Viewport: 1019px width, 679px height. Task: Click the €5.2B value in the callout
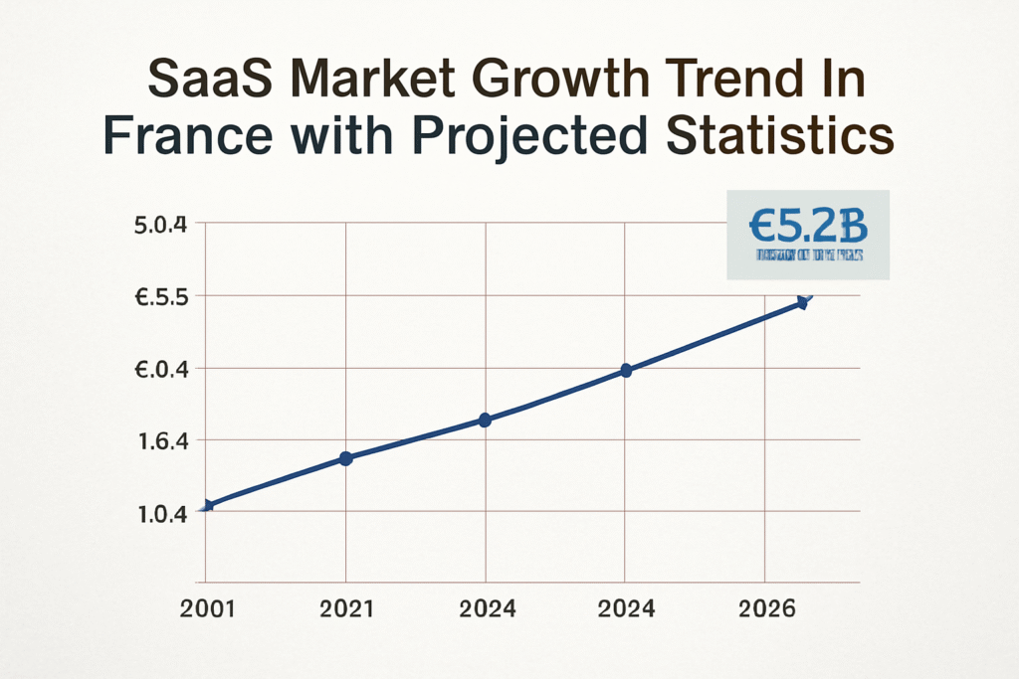coord(807,228)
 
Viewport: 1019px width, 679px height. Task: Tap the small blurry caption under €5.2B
coord(808,255)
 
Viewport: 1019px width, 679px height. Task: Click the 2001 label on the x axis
coord(208,608)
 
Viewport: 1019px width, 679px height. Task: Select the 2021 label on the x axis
coord(346,608)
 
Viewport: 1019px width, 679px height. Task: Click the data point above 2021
coord(346,458)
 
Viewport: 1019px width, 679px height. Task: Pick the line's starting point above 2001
coord(206,506)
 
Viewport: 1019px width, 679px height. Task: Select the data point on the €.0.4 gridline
coord(626,370)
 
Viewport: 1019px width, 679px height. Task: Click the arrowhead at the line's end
coord(804,300)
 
